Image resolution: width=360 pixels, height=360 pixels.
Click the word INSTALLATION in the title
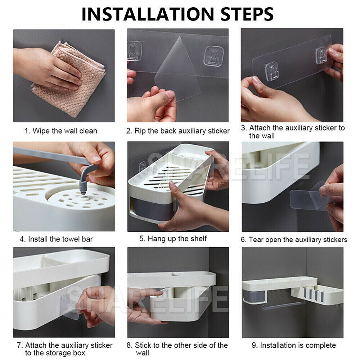pos(148,14)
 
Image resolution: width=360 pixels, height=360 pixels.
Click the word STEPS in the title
pos(247,14)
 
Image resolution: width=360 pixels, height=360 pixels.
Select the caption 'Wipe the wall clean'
pos(65,131)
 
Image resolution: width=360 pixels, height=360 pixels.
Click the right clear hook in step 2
pos(213,56)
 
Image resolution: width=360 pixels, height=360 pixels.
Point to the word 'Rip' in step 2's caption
pos(140,131)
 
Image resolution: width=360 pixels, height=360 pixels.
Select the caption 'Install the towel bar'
pos(60,239)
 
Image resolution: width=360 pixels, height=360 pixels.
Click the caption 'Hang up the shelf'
pos(177,239)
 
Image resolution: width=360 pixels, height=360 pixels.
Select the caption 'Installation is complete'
pos(298,345)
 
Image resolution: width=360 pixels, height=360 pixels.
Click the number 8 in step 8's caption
pos(129,345)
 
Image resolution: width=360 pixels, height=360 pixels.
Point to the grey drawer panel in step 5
pos(153,210)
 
